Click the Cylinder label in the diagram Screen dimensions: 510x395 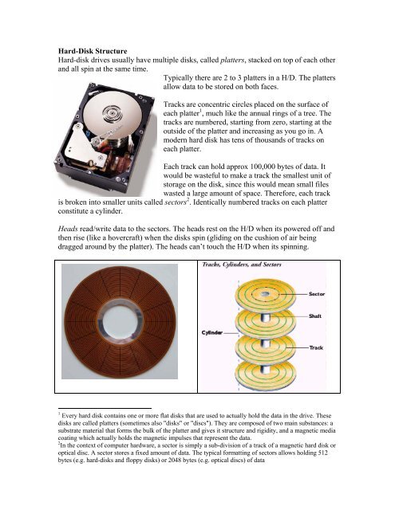click(x=211, y=331)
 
